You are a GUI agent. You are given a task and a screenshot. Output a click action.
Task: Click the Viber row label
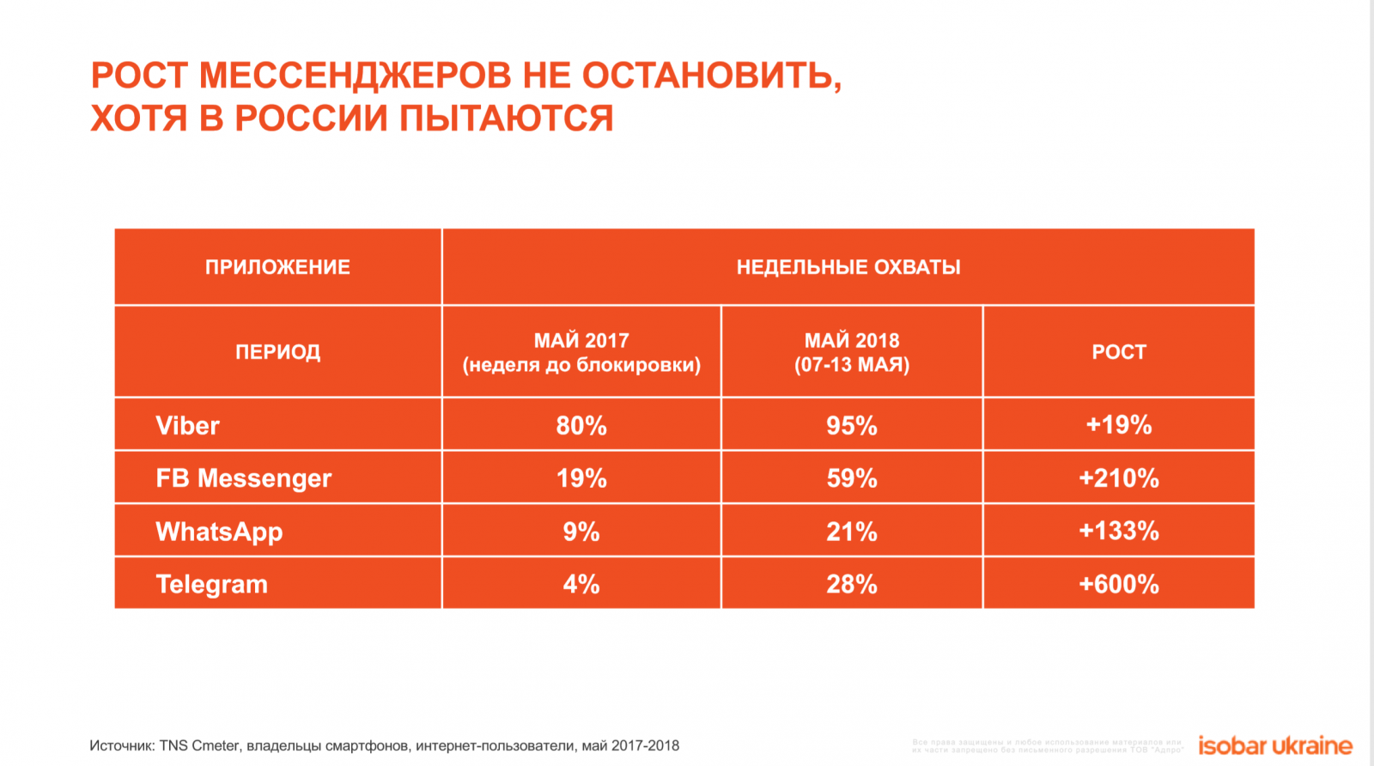click(187, 425)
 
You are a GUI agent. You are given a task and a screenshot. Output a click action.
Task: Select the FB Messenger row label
click(243, 478)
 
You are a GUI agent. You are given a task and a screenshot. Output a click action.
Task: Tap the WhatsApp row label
click(219, 532)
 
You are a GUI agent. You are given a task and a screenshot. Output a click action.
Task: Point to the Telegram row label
click(211, 585)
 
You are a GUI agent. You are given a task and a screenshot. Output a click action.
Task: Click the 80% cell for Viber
click(581, 425)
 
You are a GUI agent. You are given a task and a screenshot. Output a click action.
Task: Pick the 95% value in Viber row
click(852, 425)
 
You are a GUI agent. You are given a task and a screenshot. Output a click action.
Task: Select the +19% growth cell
click(1119, 424)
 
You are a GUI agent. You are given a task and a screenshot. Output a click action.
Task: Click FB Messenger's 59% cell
click(852, 478)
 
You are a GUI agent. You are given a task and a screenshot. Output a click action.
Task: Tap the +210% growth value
click(1119, 478)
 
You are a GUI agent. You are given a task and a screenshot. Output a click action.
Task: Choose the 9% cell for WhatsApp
click(581, 532)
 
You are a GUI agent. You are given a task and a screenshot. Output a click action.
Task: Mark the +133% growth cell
click(1119, 531)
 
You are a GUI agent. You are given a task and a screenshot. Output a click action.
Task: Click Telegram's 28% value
click(852, 585)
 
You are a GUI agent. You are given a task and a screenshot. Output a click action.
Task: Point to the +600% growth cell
click(1119, 585)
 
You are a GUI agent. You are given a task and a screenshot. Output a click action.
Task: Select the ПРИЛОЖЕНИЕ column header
click(277, 267)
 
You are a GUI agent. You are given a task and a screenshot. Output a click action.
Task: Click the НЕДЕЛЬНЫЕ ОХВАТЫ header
click(848, 267)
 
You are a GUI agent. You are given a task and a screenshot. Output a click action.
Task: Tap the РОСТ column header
click(1119, 352)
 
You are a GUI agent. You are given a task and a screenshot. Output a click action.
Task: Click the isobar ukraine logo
click(1275, 745)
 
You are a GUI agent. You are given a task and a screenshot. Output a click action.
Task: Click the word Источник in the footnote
click(122, 745)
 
